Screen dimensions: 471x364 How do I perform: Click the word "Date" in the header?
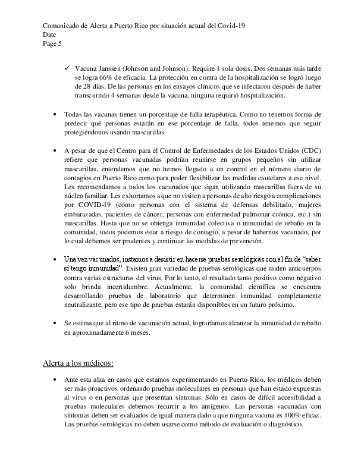pyautogui.click(x=51, y=35)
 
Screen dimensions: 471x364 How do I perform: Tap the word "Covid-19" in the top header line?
pyautogui.click(x=231, y=26)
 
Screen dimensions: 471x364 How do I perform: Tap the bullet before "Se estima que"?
pyautogui.click(x=55, y=322)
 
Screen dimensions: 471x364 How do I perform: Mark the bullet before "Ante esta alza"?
pyautogui.click(x=55, y=379)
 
